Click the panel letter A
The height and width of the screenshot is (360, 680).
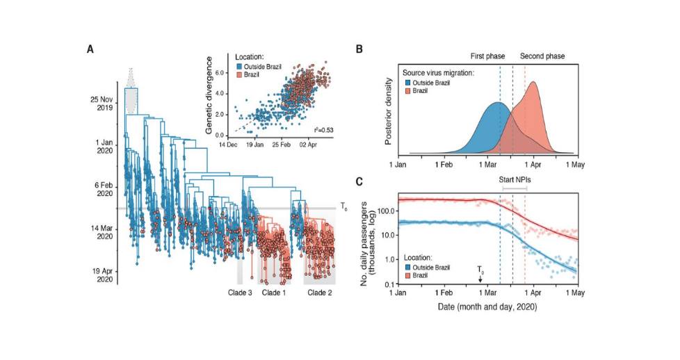90,49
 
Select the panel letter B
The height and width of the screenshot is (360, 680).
359,49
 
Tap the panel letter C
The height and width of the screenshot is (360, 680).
359,182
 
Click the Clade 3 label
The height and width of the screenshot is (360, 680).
240,292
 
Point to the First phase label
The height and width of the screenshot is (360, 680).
489,56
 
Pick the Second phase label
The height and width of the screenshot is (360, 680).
542,56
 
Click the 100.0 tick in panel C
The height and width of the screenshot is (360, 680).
382,211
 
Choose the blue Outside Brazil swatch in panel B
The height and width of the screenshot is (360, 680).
407,83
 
